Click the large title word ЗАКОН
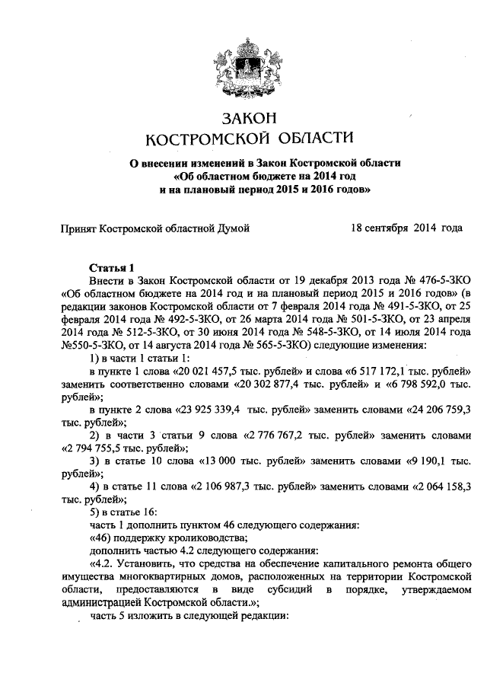244,119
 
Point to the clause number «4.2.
103,564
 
